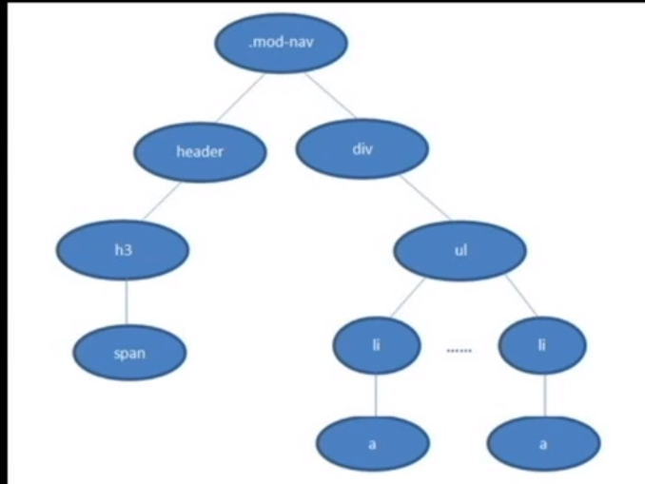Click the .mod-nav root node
click(280, 43)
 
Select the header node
click(200, 151)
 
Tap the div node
click(362, 148)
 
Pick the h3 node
click(123, 250)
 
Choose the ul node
click(460, 250)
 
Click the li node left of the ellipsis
click(377, 345)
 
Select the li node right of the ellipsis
click(542, 345)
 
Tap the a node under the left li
click(372, 443)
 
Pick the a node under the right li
click(543, 443)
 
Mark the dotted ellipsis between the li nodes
click(459, 351)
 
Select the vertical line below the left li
click(376, 395)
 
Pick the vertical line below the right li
click(544, 395)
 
